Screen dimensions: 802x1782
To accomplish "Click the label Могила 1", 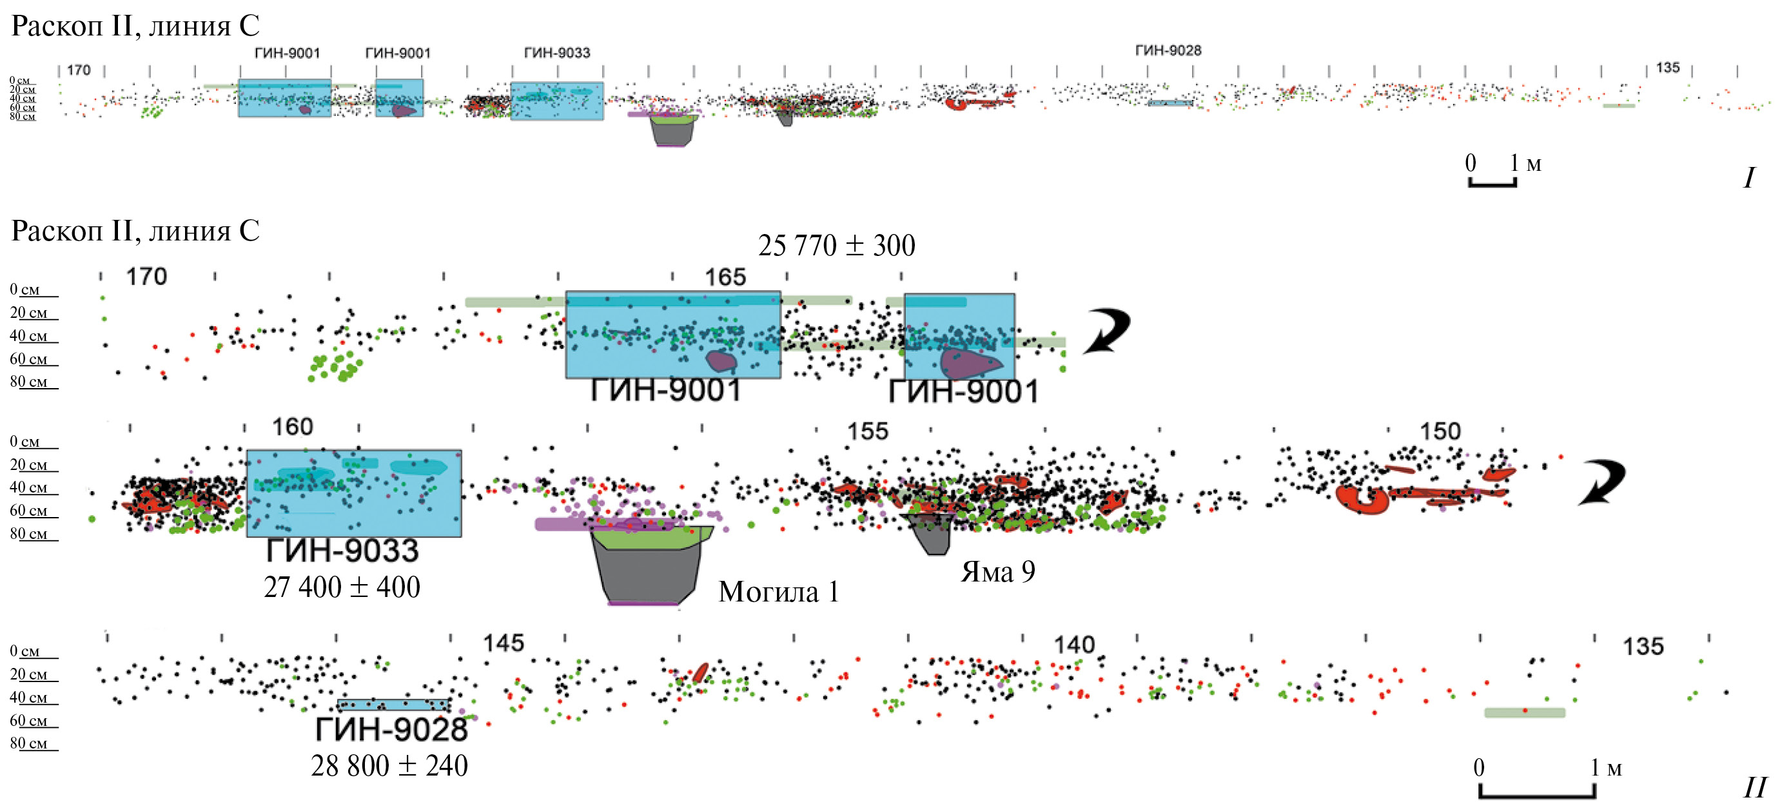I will coord(778,592).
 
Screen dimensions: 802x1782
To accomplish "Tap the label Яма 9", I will coord(997,572).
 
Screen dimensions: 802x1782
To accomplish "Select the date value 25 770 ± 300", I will coord(836,246).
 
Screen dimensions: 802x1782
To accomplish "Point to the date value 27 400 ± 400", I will coord(342,587).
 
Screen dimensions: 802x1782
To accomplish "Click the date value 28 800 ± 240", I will coord(389,766).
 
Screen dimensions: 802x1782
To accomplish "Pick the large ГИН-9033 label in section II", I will coord(342,551).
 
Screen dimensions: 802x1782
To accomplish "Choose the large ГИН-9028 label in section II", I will coord(391,729).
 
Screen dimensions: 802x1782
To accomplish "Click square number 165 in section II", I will coord(725,277).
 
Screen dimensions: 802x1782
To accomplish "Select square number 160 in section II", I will coord(292,427).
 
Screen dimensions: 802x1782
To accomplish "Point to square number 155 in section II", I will coord(868,432).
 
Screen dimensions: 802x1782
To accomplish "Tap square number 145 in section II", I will coord(504,643).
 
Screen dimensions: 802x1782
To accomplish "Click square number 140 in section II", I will coord(1073,645).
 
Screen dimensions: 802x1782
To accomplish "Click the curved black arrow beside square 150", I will coord(1601,482).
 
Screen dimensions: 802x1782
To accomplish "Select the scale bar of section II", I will coord(1537,791).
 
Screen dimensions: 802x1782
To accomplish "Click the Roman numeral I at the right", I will coord(1748,179).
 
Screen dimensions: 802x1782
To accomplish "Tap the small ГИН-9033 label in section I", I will coord(557,53).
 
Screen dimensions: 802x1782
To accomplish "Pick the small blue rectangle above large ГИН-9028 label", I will coord(393,705).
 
